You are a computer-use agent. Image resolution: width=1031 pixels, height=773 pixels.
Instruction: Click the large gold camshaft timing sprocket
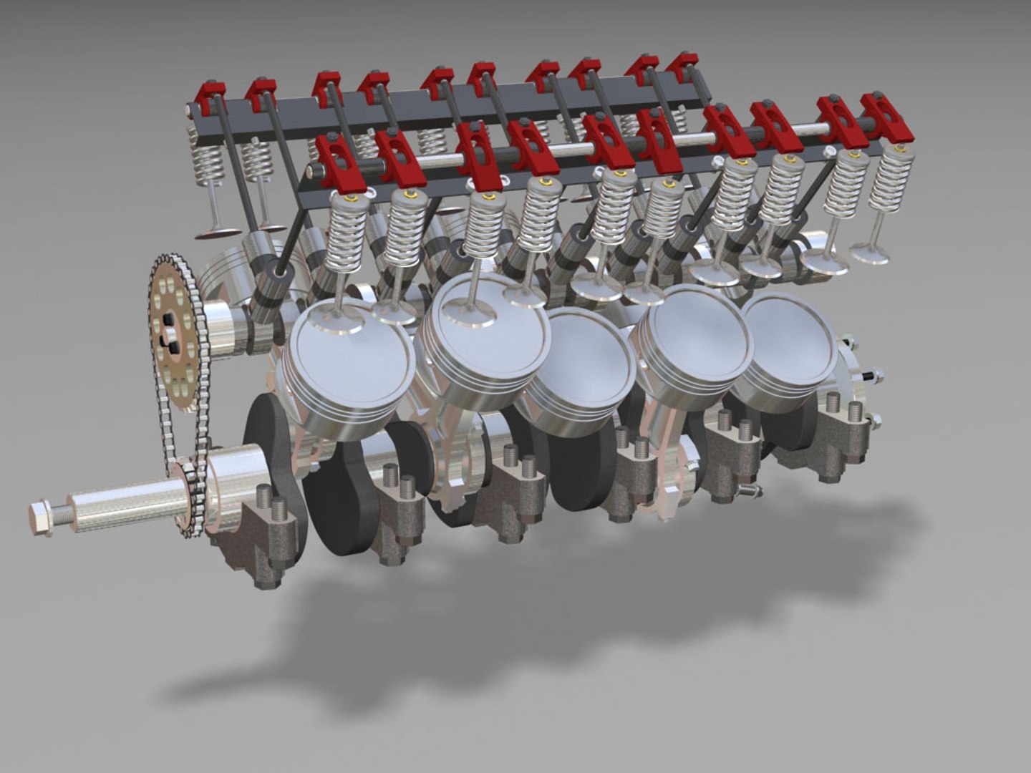click(x=175, y=333)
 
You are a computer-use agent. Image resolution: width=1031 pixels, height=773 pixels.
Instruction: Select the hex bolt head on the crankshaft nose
click(x=42, y=515)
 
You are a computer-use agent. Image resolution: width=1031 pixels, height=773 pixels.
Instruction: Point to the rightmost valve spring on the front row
click(x=892, y=179)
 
